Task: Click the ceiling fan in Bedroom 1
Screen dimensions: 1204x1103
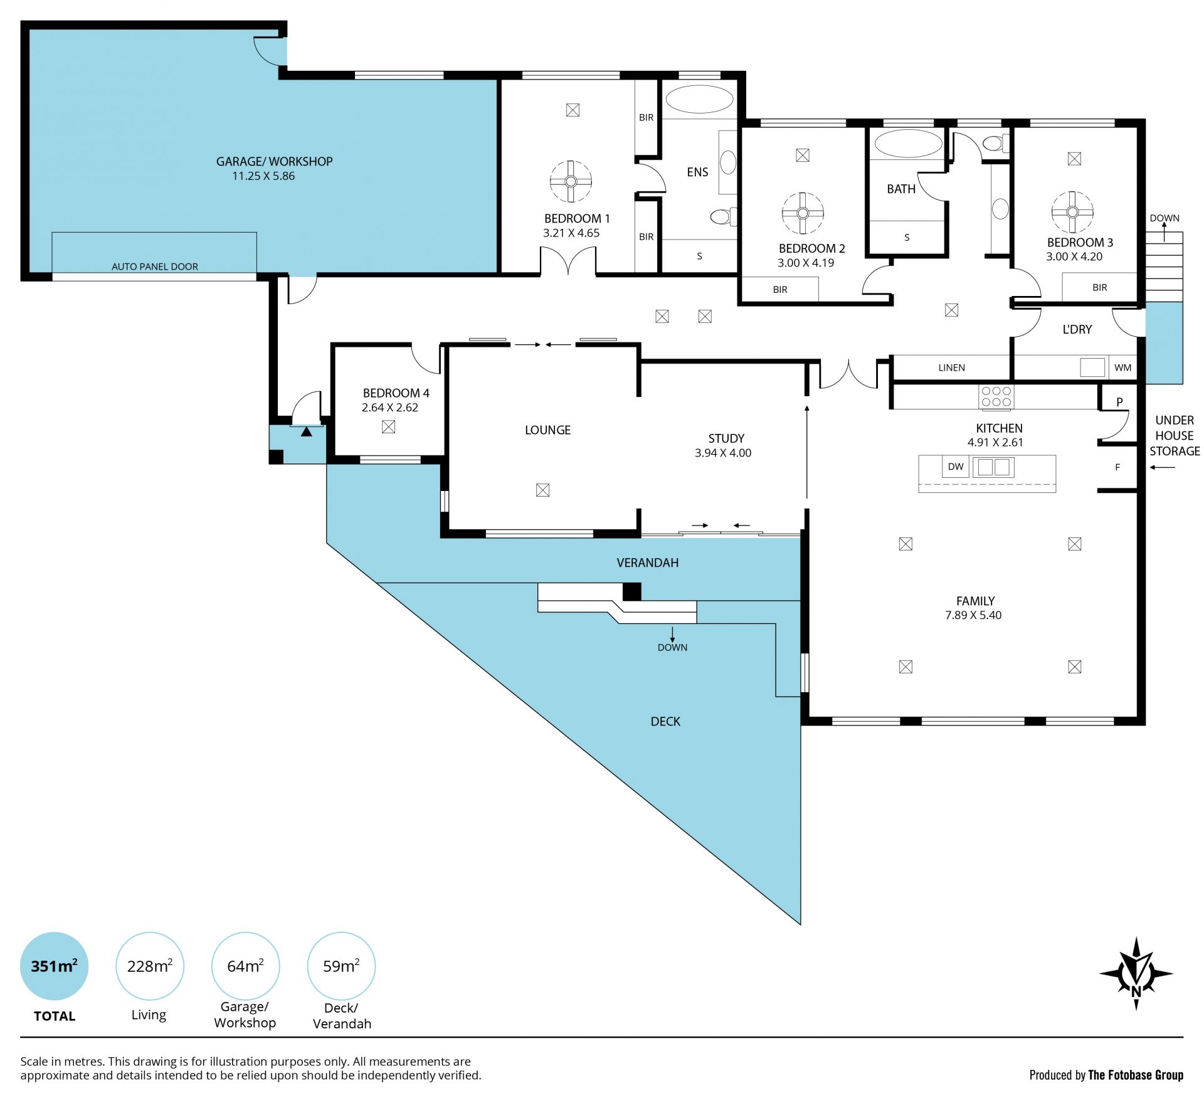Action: click(571, 181)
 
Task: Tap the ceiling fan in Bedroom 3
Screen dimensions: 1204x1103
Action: click(1072, 212)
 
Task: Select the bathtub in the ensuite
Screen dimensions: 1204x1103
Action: click(699, 99)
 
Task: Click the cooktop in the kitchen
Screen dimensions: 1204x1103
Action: click(996, 396)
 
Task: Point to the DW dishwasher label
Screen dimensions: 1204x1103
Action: click(956, 467)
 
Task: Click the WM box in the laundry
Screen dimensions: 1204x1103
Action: click(1123, 367)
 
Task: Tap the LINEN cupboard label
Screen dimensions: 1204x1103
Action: click(951, 367)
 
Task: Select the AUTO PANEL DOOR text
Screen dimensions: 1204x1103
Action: click(155, 267)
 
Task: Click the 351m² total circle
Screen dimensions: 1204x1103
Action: click(55, 966)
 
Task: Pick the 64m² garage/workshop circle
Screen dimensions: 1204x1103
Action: click(245, 966)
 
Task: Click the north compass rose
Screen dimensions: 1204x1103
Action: click(1136, 973)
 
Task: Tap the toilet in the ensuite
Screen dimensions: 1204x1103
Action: click(723, 217)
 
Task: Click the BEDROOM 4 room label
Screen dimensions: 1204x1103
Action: click(396, 393)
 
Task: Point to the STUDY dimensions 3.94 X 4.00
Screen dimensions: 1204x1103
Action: click(723, 453)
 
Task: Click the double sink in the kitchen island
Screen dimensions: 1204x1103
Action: click(993, 467)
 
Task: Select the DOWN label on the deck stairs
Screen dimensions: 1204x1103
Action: click(672, 647)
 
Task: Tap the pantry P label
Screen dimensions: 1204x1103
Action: click(1119, 402)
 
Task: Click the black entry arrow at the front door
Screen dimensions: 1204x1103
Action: click(306, 431)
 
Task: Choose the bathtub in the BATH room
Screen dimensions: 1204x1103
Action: click(908, 144)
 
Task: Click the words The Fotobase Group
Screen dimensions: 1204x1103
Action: click(1136, 1075)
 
